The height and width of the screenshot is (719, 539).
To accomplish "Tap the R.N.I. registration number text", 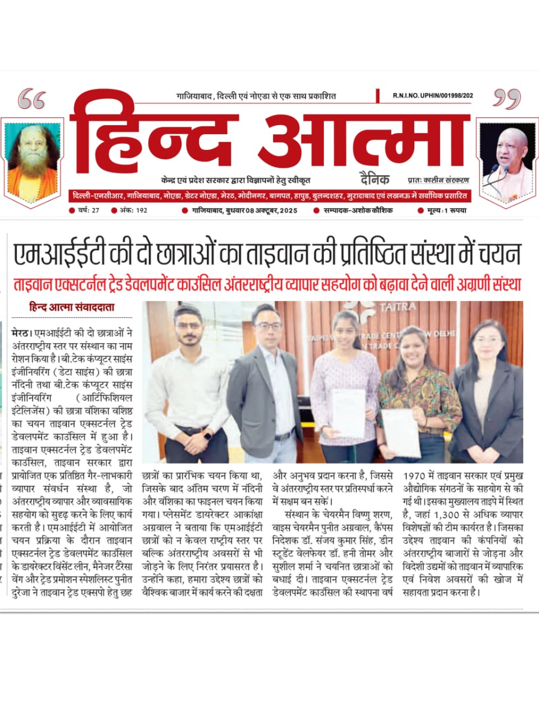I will click(433, 96).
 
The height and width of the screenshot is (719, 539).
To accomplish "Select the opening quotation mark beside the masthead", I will click(31, 100).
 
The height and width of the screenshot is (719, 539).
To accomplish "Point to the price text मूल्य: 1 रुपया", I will click(446, 211).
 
